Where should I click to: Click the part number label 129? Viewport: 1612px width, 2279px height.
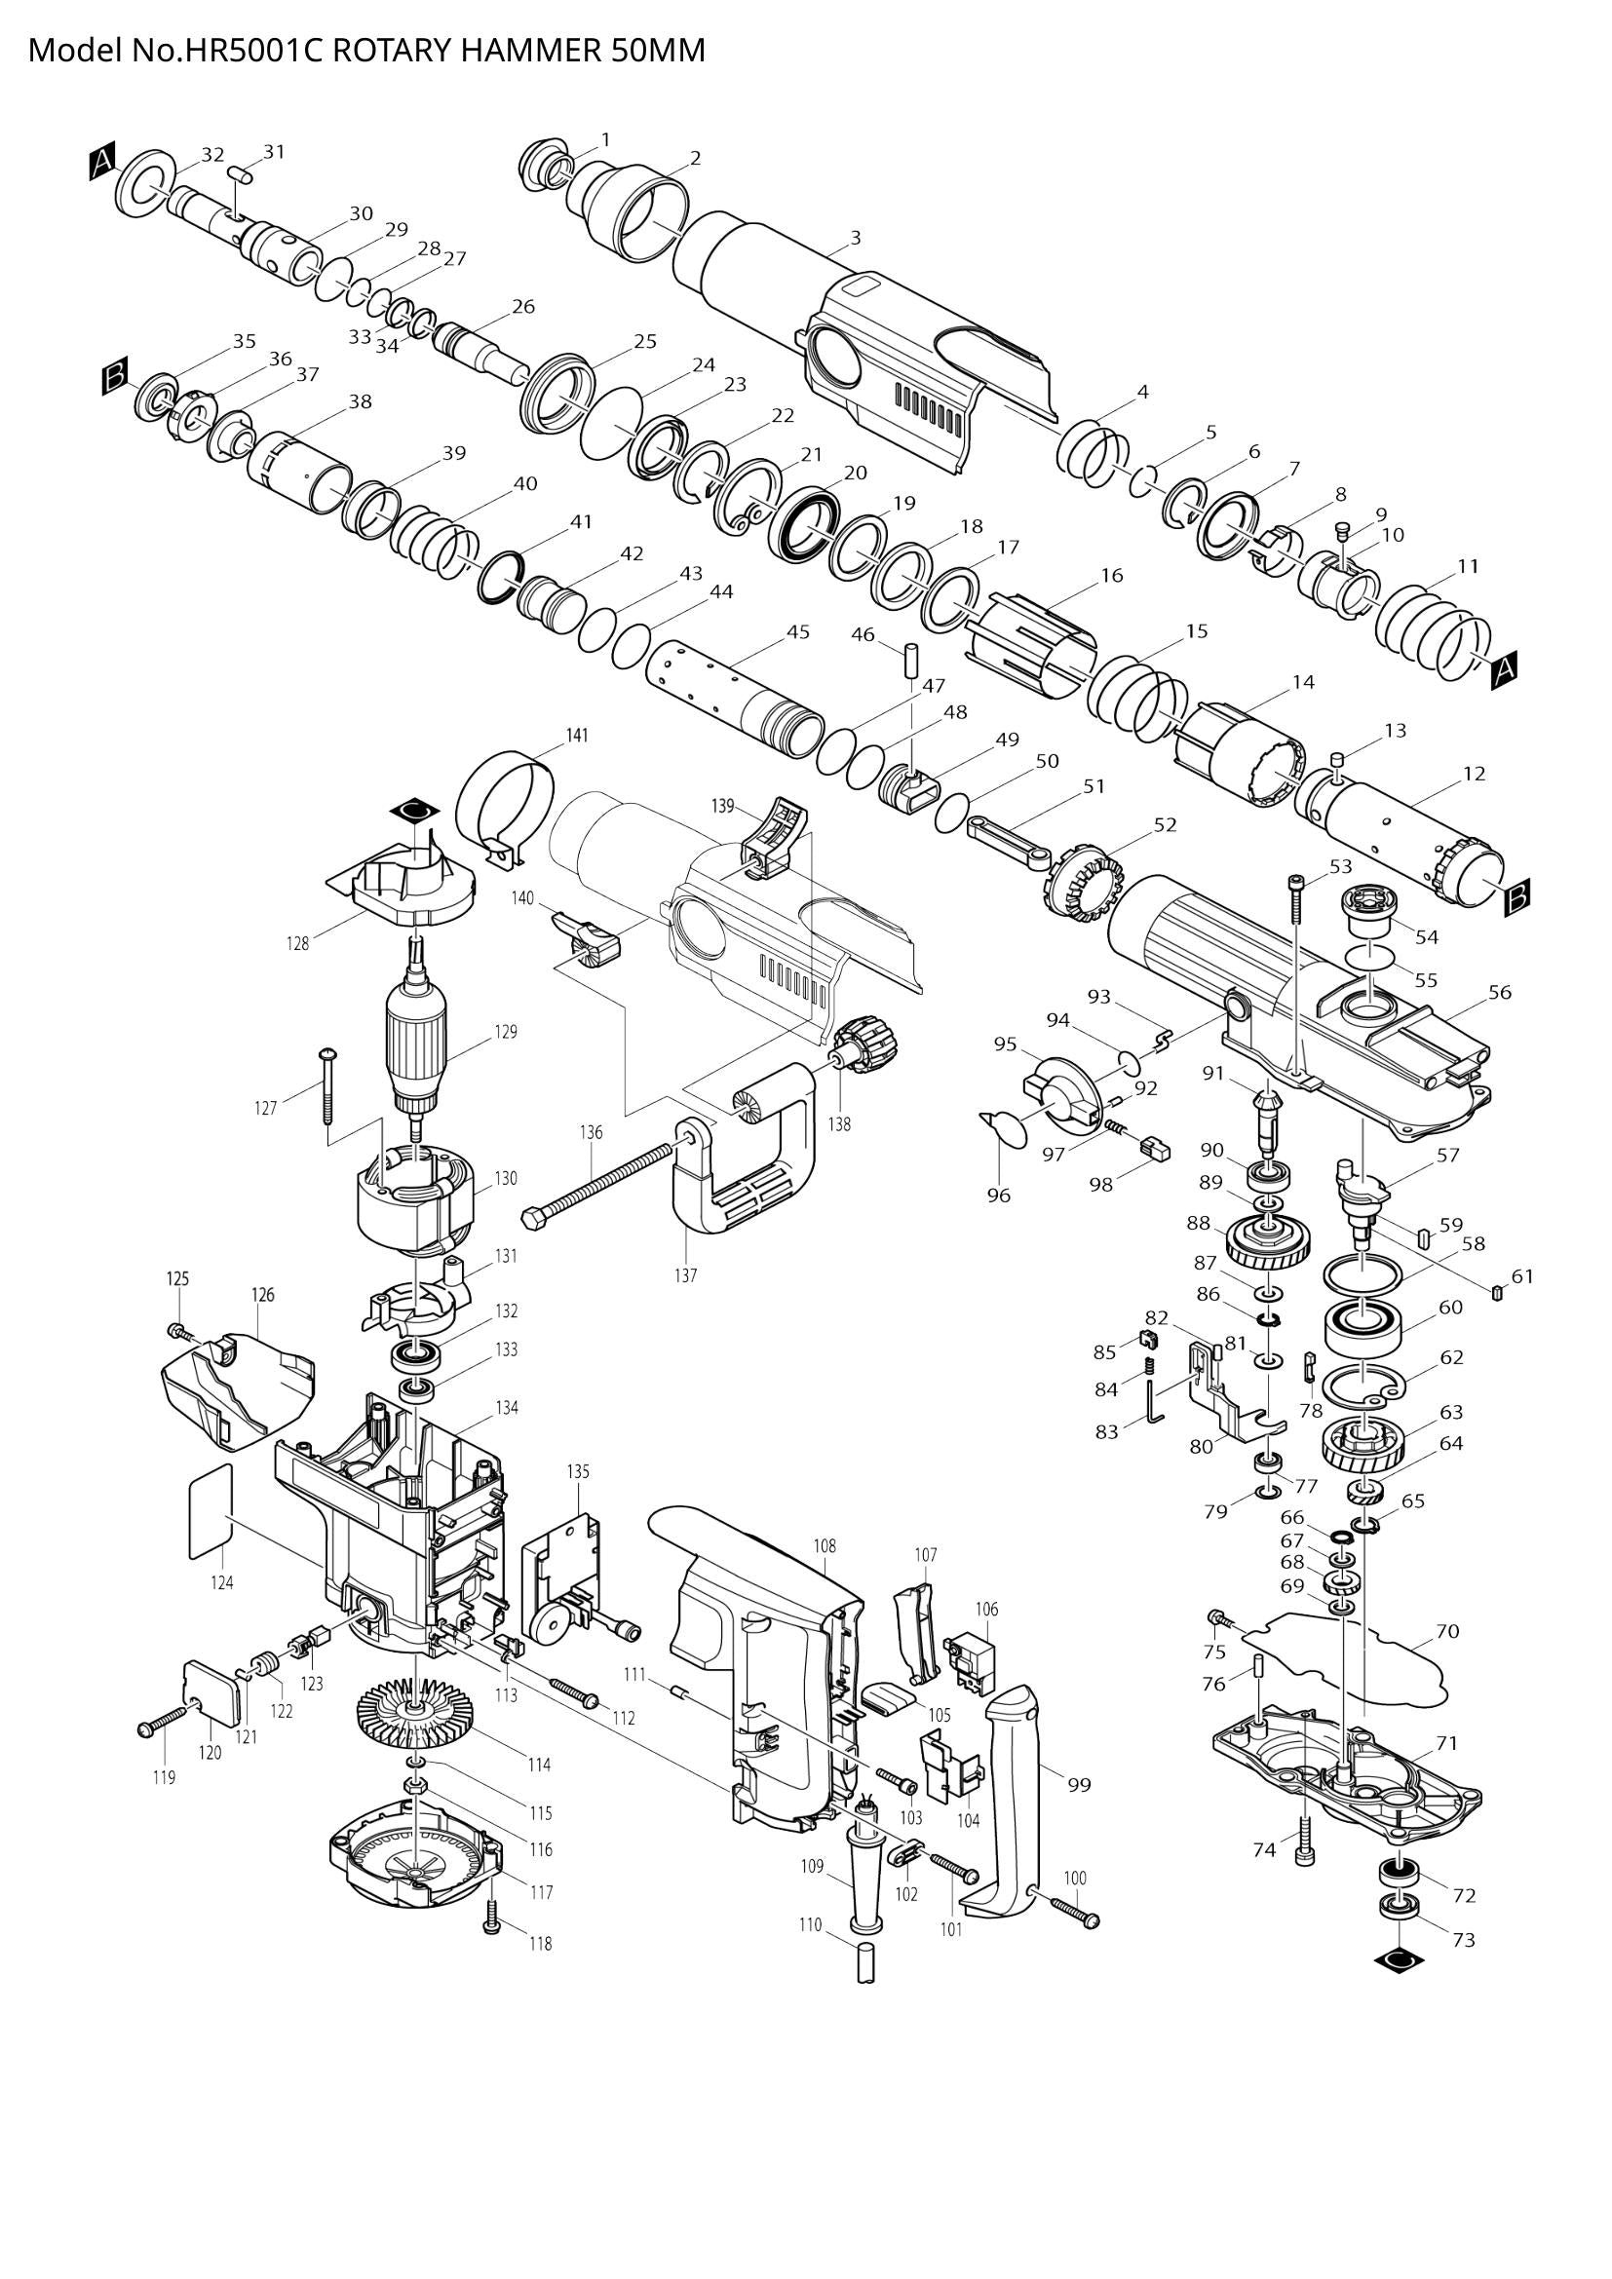506,1032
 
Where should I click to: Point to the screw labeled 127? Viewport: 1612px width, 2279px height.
328,1087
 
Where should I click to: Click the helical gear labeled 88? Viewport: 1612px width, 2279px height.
1269,1241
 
